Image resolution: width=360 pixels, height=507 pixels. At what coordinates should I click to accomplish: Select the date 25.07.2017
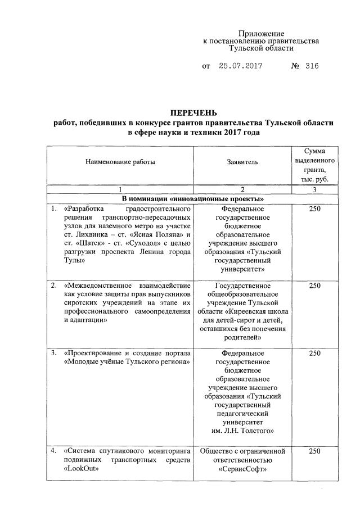pos(241,66)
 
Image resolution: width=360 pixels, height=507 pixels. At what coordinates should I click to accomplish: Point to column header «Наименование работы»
pos(119,162)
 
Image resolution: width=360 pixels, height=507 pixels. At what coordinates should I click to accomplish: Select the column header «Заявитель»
pos(242,162)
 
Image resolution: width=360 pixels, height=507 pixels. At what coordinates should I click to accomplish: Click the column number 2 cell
pos(242,189)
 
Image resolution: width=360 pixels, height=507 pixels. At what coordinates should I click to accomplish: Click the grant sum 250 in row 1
pos(315,210)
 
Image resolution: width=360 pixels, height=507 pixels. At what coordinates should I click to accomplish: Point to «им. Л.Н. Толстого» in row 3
pos(242,431)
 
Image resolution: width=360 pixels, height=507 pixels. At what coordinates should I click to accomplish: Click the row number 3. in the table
pos(54,353)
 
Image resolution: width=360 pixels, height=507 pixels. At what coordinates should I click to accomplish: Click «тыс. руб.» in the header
pos(315,179)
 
